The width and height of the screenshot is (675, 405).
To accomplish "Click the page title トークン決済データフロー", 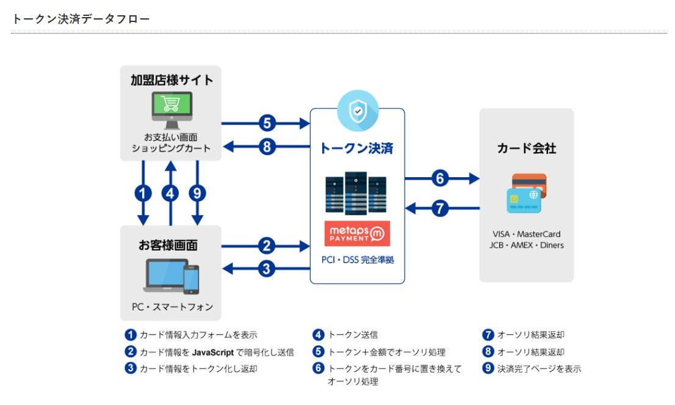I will (81, 19).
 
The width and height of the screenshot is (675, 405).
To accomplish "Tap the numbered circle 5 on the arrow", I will (267, 123).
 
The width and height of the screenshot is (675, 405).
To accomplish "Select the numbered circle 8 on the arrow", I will (267, 147).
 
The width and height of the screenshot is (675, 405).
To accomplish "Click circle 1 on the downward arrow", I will (143, 194).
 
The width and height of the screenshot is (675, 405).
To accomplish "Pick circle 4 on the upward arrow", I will (171, 194).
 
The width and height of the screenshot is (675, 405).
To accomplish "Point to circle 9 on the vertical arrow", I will (197, 194).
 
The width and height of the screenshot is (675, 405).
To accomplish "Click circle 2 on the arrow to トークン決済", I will (267, 246).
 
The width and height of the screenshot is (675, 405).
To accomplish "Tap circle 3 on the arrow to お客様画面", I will (267, 268).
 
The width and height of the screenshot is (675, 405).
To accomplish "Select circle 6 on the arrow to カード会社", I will (440, 178).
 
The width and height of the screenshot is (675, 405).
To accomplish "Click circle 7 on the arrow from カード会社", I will (440, 208).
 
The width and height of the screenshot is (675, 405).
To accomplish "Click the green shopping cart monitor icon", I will (171, 109).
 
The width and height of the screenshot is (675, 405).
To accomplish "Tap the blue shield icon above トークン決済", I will (358, 112).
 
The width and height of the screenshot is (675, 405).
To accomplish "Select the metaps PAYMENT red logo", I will (357, 233).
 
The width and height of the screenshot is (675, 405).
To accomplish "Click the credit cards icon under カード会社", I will (526, 193).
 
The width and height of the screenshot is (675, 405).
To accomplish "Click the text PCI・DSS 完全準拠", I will (358, 260).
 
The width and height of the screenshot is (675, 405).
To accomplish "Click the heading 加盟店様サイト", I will (171, 80).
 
